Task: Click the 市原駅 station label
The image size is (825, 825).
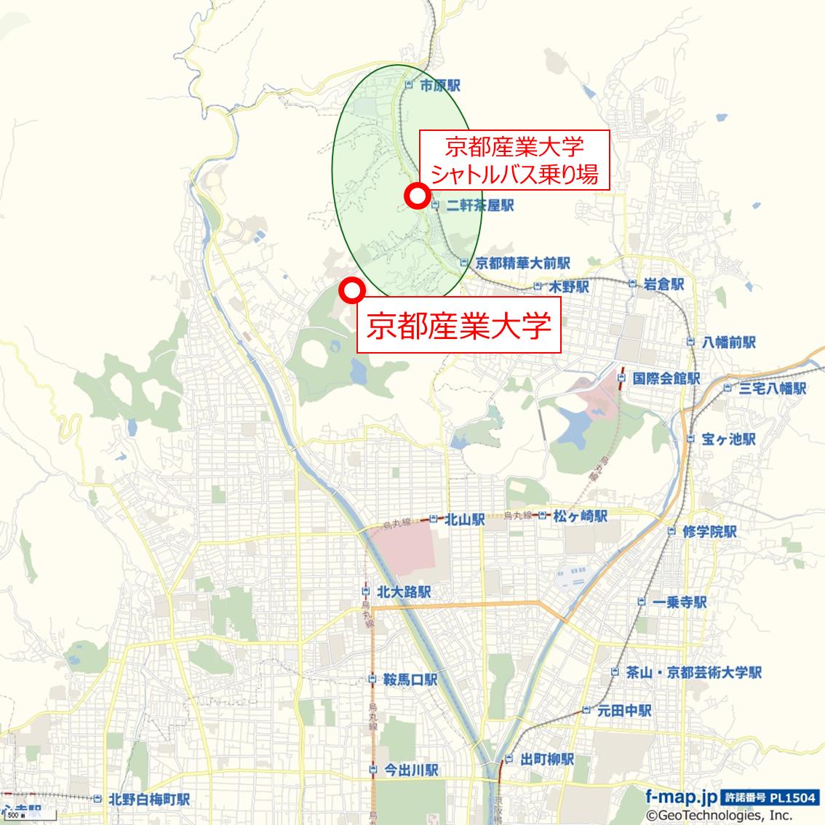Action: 439,86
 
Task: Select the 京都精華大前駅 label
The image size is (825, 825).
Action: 522,263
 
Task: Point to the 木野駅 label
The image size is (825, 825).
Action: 568,287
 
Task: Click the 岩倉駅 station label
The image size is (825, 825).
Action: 663,284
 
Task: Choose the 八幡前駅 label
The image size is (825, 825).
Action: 730,342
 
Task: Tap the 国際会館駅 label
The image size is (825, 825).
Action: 666,378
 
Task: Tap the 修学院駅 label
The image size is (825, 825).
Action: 710,532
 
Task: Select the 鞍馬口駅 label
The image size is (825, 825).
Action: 410,680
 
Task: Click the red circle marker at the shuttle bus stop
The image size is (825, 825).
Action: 417,195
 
